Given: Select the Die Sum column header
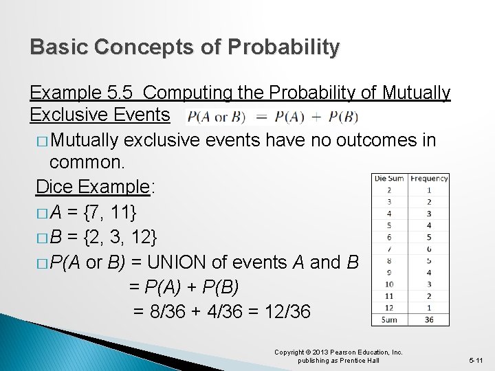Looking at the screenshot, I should point(389,179).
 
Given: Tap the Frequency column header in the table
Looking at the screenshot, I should point(429,179).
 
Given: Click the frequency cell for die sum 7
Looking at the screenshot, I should point(429,249).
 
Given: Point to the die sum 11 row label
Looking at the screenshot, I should point(389,295).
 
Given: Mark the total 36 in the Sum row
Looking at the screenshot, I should point(429,319).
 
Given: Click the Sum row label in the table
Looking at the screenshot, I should point(389,319).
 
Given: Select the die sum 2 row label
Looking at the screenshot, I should point(389,190).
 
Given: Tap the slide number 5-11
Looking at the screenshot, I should point(476,360).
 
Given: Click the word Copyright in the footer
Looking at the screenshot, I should point(289,352).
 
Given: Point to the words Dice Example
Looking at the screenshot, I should point(92,187).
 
